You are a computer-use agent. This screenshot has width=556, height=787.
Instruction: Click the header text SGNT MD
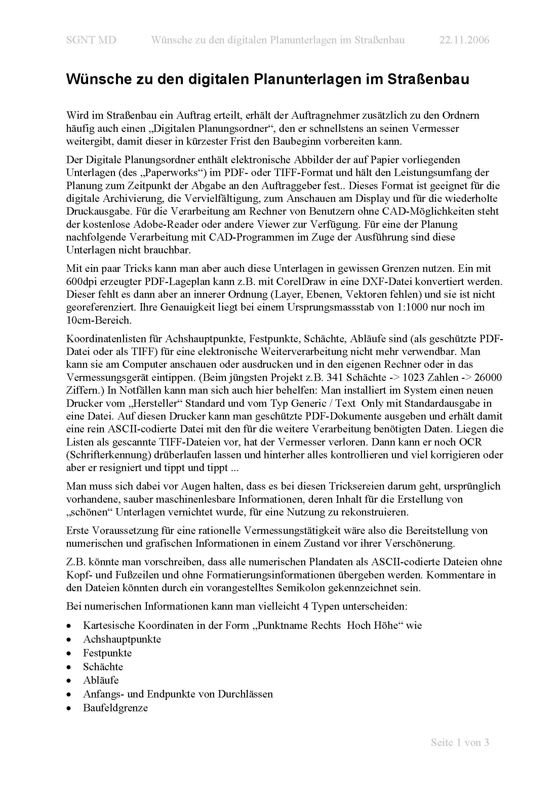(91, 40)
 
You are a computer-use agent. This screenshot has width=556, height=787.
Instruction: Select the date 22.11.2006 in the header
(464, 40)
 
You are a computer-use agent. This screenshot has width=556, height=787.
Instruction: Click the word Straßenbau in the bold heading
(428, 79)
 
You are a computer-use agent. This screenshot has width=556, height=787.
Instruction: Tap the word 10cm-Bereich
(99, 320)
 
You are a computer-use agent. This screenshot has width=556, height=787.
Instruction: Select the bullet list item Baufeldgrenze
(115, 708)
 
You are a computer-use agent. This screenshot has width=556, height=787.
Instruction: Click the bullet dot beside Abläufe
(69, 681)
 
